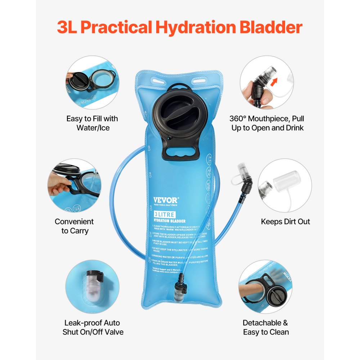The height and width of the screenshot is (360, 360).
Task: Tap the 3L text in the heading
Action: pyautogui.click(x=68, y=27)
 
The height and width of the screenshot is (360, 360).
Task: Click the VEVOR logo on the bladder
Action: pyautogui.click(x=165, y=200)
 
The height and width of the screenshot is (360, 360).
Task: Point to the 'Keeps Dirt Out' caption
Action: pyautogui.click(x=285, y=221)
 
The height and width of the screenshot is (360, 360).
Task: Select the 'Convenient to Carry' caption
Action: pyautogui.click(x=74, y=226)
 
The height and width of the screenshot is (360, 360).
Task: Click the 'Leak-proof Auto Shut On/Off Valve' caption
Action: pyautogui.click(x=93, y=327)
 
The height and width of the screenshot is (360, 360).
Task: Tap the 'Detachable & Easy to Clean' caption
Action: pyautogui.click(x=266, y=327)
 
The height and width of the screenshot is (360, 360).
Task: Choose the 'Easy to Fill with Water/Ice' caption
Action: pyautogui.click(x=92, y=123)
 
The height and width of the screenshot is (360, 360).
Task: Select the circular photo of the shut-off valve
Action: pyautogui.click(x=92, y=287)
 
